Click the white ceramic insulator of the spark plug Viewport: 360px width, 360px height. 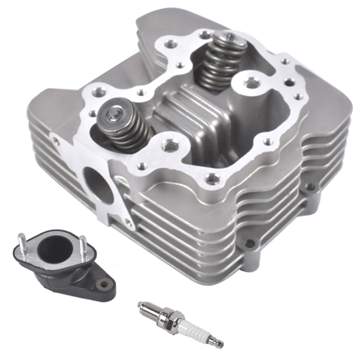pyautogui.click(x=191, y=324)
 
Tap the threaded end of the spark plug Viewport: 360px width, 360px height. pyautogui.click(x=148, y=308)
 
